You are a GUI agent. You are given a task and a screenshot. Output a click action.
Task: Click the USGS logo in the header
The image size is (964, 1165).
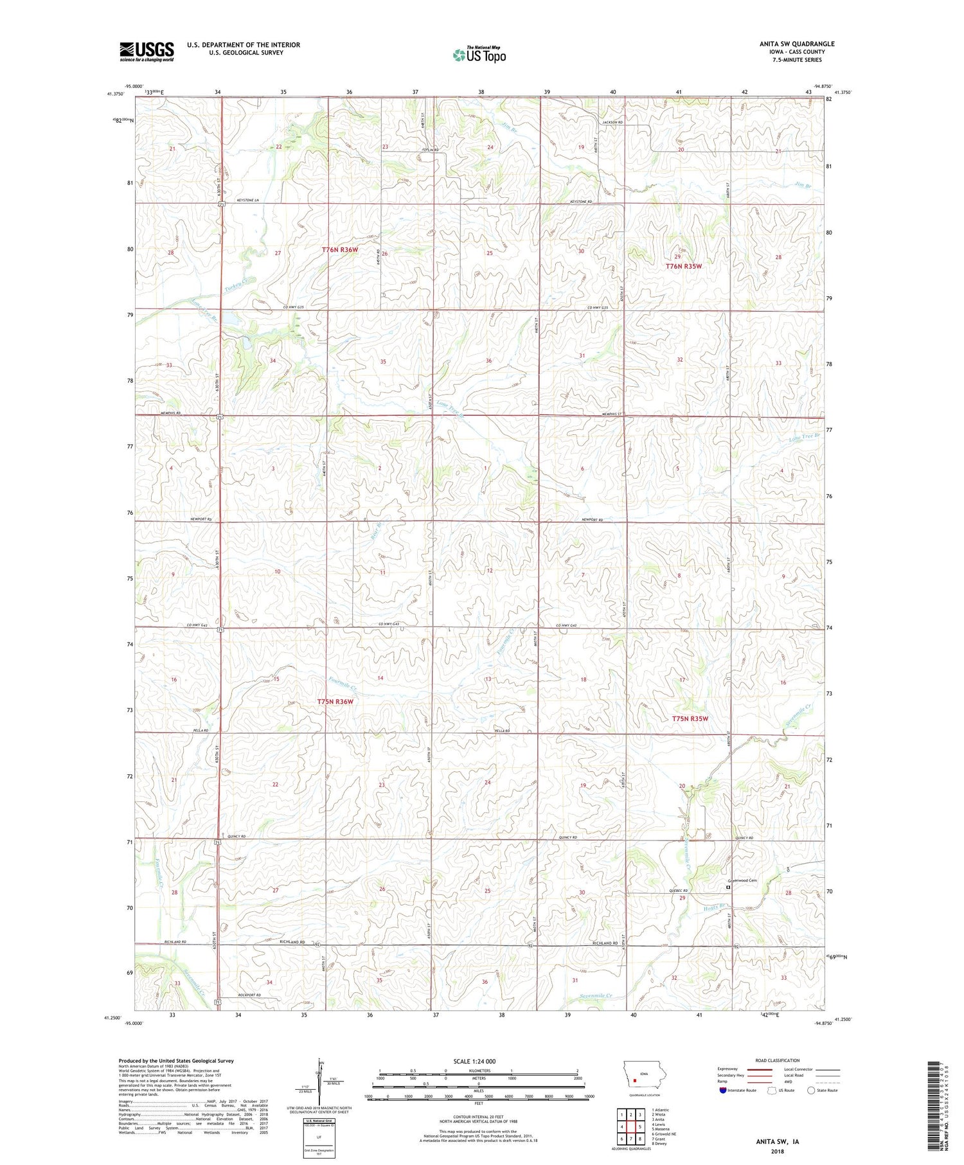[x=147, y=51]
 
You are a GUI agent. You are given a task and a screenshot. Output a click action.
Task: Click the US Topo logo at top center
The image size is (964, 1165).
[x=479, y=55]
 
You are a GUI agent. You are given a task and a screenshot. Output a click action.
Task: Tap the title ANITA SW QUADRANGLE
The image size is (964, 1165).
[x=797, y=44]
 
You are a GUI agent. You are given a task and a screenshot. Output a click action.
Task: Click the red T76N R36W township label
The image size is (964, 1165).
[x=340, y=249]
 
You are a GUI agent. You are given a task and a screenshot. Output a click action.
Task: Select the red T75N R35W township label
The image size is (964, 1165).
[x=690, y=718]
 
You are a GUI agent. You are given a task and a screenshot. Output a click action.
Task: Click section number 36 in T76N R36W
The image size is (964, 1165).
[x=488, y=361]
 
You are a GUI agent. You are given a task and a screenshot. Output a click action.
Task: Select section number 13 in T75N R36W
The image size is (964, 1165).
[x=488, y=679]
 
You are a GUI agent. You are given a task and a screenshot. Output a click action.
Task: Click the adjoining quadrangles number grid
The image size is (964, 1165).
[x=631, y=1126]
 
